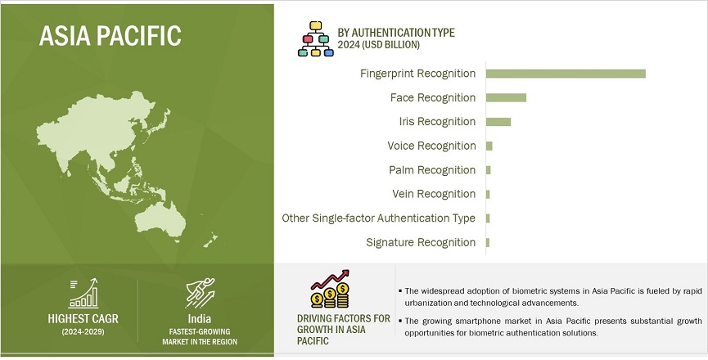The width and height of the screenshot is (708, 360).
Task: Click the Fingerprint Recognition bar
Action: coord(566,74)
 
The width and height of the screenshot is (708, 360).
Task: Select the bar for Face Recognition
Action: coord(506,97)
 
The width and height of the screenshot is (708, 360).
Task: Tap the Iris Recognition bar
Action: coord(498,122)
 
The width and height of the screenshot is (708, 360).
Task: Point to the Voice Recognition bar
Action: coord(489,146)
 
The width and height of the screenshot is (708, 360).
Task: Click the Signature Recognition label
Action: coord(421,243)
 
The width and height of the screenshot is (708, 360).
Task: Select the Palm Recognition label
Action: coord(432,170)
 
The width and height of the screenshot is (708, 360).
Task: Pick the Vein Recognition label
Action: coord(434,194)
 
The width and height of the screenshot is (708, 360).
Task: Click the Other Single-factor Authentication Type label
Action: coord(378,218)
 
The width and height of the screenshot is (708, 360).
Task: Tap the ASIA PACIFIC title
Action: coord(110,36)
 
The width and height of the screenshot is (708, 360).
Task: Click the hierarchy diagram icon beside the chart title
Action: coord(316,38)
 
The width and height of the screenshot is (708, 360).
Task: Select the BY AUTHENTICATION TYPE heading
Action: coord(396,33)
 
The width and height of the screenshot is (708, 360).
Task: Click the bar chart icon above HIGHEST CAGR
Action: coord(83,293)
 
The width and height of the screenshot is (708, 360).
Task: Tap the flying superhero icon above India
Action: coord(200,293)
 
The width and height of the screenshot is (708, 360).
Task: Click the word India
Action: coord(200,319)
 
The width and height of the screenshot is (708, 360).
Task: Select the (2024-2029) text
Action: coord(83,332)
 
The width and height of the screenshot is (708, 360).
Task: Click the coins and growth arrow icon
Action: coord(330,289)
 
